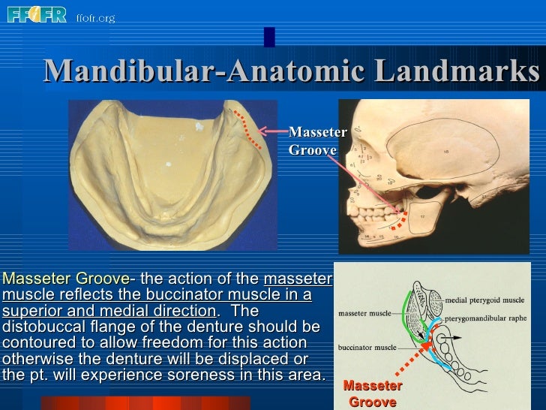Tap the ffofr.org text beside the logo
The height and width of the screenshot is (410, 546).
(95, 17)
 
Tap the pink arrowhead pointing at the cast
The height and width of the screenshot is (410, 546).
(262, 133)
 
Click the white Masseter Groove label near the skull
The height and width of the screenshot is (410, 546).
(317, 141)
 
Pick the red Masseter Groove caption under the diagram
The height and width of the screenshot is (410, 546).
(373, 393)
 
